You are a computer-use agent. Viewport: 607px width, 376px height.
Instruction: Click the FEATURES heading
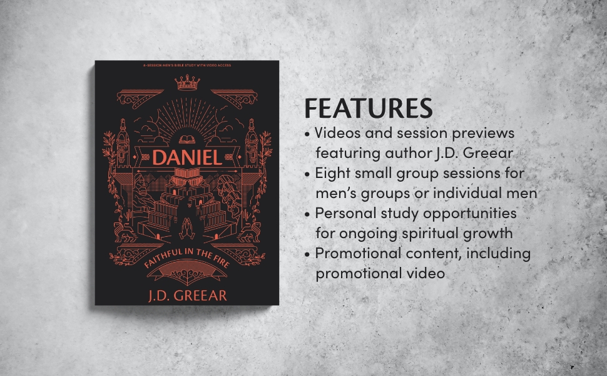[368, 108]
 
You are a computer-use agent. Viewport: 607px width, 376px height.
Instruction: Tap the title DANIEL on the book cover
[187, 157]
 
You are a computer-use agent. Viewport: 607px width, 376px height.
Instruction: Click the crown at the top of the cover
[187, 82]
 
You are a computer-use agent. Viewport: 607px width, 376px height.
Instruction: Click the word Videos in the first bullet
[338, 133]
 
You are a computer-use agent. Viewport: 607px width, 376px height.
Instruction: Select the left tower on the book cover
[121, 141]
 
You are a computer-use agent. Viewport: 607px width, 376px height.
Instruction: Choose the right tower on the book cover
[252, 141]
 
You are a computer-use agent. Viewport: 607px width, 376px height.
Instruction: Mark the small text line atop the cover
[187, 65]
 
